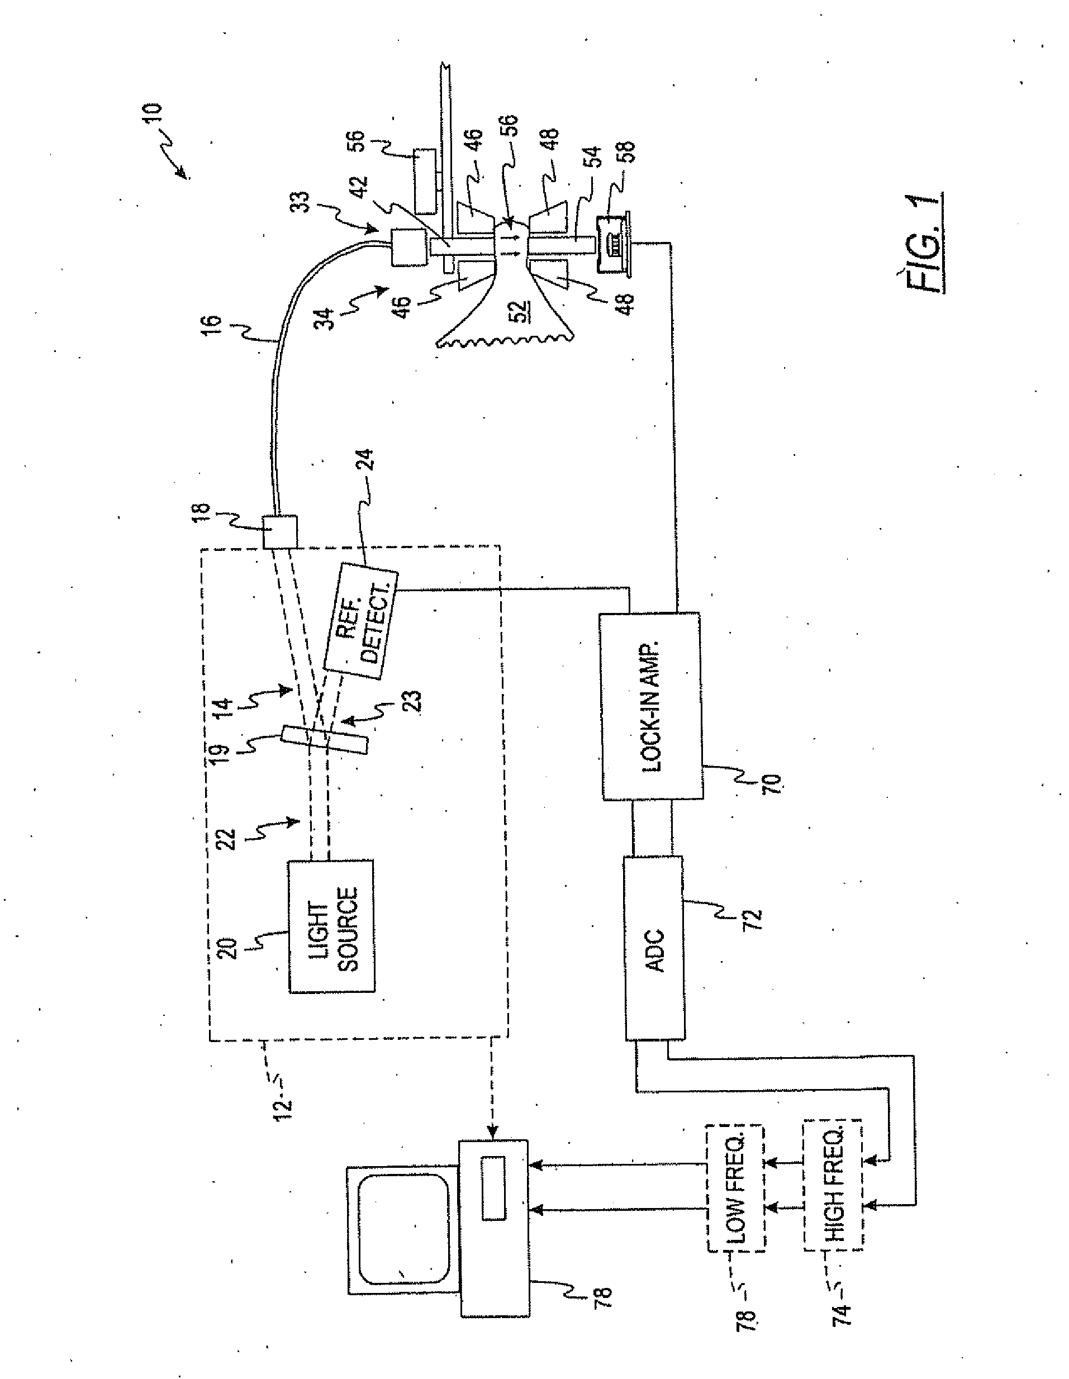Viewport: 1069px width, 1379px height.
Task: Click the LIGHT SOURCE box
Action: (x=331, y=926)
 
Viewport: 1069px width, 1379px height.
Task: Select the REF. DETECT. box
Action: (x=360, y=621)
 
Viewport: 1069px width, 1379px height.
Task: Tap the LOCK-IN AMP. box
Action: (x=650, y=705)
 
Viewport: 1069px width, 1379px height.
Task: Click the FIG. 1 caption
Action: (x=924, y=242)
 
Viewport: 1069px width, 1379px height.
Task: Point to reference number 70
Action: (x=772, y=783)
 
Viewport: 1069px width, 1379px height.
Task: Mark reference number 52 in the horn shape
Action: (x=521, y=310)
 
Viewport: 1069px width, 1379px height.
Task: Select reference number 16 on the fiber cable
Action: (x=213, y=325)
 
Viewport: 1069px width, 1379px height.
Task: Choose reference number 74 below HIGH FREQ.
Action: (x=842, y=1306)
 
